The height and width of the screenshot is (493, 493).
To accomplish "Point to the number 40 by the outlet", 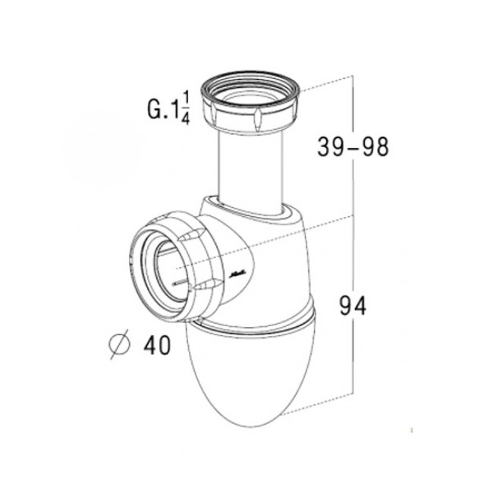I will [x=155, y=345].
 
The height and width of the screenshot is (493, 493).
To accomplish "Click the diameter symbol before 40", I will [x=121, y=346].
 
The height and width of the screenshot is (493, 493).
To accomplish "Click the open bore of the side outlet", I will [x=167, y=265].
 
